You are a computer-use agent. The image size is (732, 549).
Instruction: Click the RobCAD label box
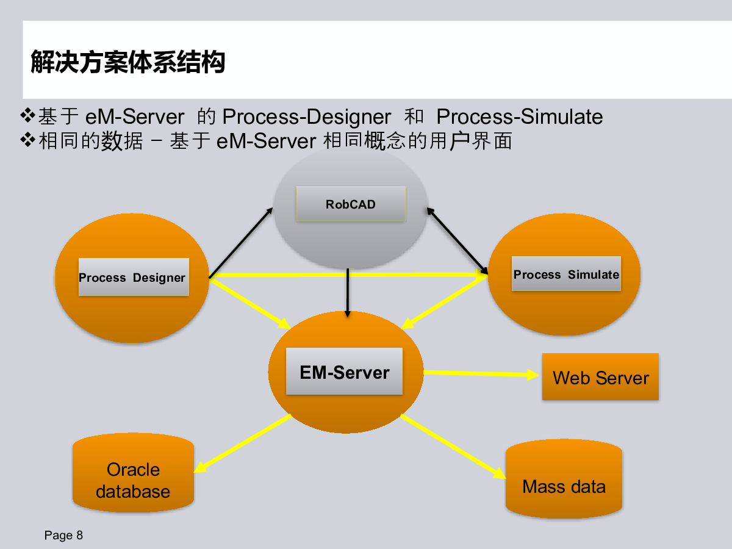[351, 204]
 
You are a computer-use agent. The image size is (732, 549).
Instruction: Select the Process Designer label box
[134, 277]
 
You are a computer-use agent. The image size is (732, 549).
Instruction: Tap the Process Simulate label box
[566, 274]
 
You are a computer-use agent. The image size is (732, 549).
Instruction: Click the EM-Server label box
[344, 371]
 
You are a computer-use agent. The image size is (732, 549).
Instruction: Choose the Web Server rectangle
[600, 376]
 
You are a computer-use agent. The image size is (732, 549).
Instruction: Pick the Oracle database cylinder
[133, 473]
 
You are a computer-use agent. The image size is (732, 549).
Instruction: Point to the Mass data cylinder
[564, 479]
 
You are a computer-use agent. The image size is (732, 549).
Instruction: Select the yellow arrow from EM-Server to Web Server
[481, 373]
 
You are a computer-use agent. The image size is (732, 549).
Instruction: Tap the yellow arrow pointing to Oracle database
[242, 443]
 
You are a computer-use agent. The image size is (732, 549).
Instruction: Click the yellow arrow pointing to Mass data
[453, 447]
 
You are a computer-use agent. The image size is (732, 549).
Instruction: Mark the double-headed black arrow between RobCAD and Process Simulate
[457, 241]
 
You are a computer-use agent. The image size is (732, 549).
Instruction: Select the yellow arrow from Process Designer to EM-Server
[250, 304]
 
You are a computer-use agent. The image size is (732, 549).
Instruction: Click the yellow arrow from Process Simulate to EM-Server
[444, 302]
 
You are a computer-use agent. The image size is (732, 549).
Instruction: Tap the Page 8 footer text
[63, 535]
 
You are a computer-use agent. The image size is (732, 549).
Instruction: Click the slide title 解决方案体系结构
[127, 62]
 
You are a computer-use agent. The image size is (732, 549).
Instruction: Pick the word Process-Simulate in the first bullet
[520, 117]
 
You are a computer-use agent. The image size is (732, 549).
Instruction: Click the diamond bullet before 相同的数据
[27, 140]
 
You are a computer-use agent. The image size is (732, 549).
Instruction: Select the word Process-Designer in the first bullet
[306, 117]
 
